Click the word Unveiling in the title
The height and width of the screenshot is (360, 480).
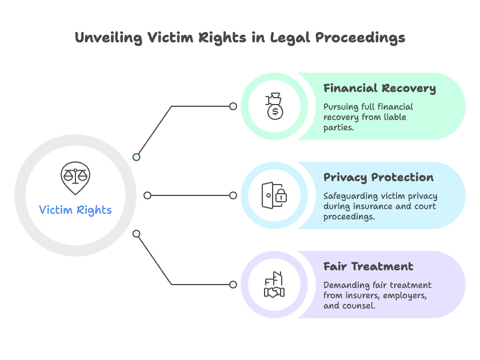point(109,38)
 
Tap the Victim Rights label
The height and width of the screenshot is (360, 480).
point(75,210)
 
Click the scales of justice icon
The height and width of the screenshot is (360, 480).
point(75,178)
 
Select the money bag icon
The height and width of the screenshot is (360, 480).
point(274,106)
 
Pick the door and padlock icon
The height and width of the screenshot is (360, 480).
point(274,195)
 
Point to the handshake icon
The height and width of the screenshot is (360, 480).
point(274,285)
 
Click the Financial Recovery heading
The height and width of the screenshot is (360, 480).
point(379,89)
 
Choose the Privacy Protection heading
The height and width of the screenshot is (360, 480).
point(379,178)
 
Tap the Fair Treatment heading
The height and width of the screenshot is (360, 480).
point(368,266)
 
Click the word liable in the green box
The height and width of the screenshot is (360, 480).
point(395,117)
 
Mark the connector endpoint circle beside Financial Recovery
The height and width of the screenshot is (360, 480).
point(233,106)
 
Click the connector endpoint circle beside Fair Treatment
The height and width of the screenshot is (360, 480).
point(233,285)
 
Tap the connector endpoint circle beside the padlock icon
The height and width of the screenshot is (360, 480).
point(233,195)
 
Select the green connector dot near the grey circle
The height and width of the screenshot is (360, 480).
point(136,157)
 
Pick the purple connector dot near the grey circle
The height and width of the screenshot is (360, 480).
point(136,234)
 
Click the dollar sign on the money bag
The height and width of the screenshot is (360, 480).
point(275,112)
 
